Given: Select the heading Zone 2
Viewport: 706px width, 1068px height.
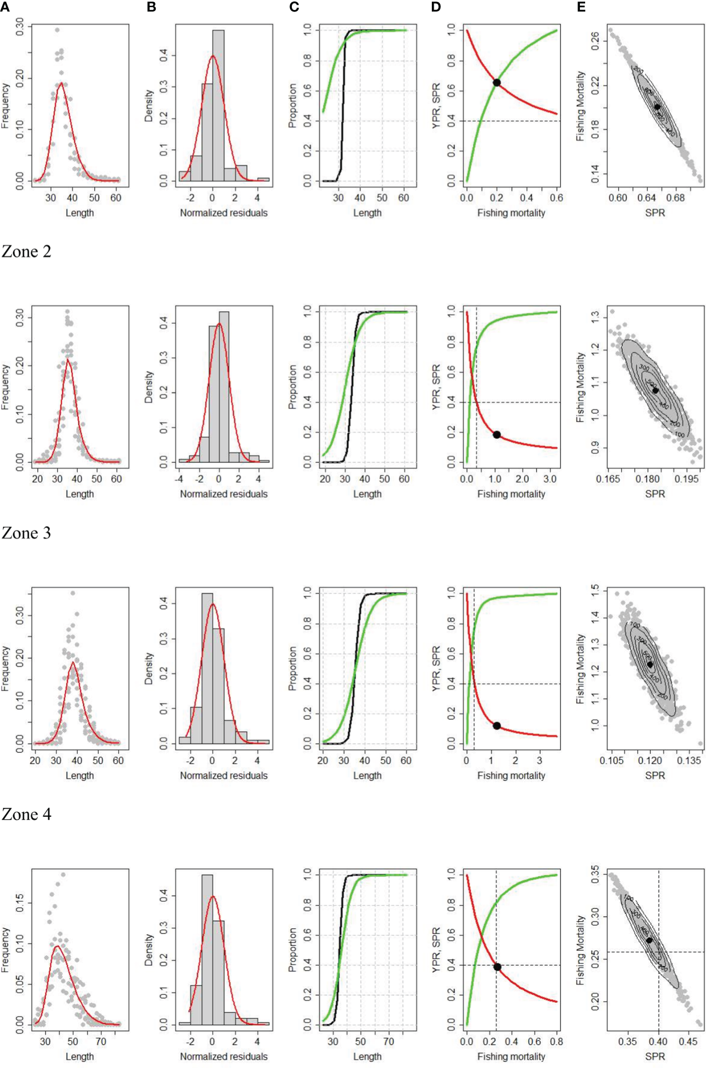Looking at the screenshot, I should tap(26, 252).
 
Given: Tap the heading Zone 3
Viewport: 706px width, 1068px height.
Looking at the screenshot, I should tap(26, 533).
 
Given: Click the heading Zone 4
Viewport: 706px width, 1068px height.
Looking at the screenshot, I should tap(26, 814).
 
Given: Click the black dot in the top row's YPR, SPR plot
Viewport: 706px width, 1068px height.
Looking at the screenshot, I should tap(497, 83).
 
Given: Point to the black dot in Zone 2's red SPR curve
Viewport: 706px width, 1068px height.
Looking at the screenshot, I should tap(497, 435).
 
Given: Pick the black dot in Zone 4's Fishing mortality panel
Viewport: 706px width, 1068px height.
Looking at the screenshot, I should tap(497, 967).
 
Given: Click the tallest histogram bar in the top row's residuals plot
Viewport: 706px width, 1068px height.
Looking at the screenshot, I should tap(218, 105).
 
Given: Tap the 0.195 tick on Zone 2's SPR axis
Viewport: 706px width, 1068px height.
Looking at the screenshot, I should tap(686, 479).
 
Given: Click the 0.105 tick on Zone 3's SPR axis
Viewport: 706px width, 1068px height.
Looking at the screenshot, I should tap(612, 760).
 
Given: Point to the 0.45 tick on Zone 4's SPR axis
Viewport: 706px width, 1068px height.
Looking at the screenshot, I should tap(688, 1042).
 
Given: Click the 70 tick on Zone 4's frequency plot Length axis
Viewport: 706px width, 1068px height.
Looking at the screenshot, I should tap(101, 1042).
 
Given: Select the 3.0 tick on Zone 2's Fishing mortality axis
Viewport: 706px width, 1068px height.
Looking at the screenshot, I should tap(550, 479).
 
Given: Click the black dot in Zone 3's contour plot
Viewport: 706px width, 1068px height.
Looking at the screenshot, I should tap(650, 664).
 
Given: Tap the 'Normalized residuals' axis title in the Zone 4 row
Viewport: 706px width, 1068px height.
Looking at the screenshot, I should tap(224, 1057).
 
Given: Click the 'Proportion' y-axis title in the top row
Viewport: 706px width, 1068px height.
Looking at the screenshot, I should tap(292, 106).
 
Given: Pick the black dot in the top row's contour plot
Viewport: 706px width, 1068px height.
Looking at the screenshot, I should tap(657, 107).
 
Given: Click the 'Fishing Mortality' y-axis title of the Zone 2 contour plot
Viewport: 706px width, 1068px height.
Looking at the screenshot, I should tap(580, 387).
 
